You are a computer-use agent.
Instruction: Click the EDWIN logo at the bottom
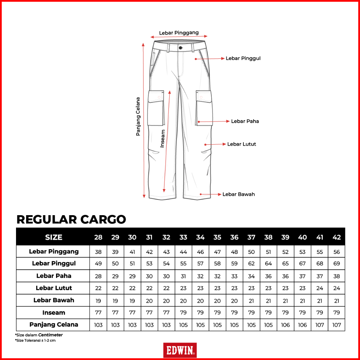coord(180,350)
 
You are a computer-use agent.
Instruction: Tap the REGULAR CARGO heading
coord(71,219)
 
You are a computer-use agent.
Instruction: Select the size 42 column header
coord(337,237)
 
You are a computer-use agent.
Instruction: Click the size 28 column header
coord(99,237)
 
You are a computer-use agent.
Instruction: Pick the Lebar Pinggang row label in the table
coord(54,251)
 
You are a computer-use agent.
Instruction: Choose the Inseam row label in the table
coord(54,313)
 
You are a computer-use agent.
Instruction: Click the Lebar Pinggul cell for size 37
coord(251,264)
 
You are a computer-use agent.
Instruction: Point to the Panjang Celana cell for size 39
coord(285,325)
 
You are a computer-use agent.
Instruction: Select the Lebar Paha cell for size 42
coord(337,276)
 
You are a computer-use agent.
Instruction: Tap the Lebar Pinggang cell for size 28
coord(99,252)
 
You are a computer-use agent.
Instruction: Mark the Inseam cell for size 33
coord(183,313)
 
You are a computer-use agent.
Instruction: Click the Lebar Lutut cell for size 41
coord(320,288)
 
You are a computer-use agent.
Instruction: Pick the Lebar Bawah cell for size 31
coord(149,300)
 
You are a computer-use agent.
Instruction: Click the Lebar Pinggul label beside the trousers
coord(243,58)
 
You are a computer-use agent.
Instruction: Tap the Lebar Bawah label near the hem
coord(238,194)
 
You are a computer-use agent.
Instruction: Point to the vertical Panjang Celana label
coord(138,116)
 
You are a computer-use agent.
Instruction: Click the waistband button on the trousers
coord(180,48)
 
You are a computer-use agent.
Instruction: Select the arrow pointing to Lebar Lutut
coord(216,144)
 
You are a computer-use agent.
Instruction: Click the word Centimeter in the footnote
coord(51,335)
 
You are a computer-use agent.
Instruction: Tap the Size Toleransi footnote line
coord(35,341)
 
